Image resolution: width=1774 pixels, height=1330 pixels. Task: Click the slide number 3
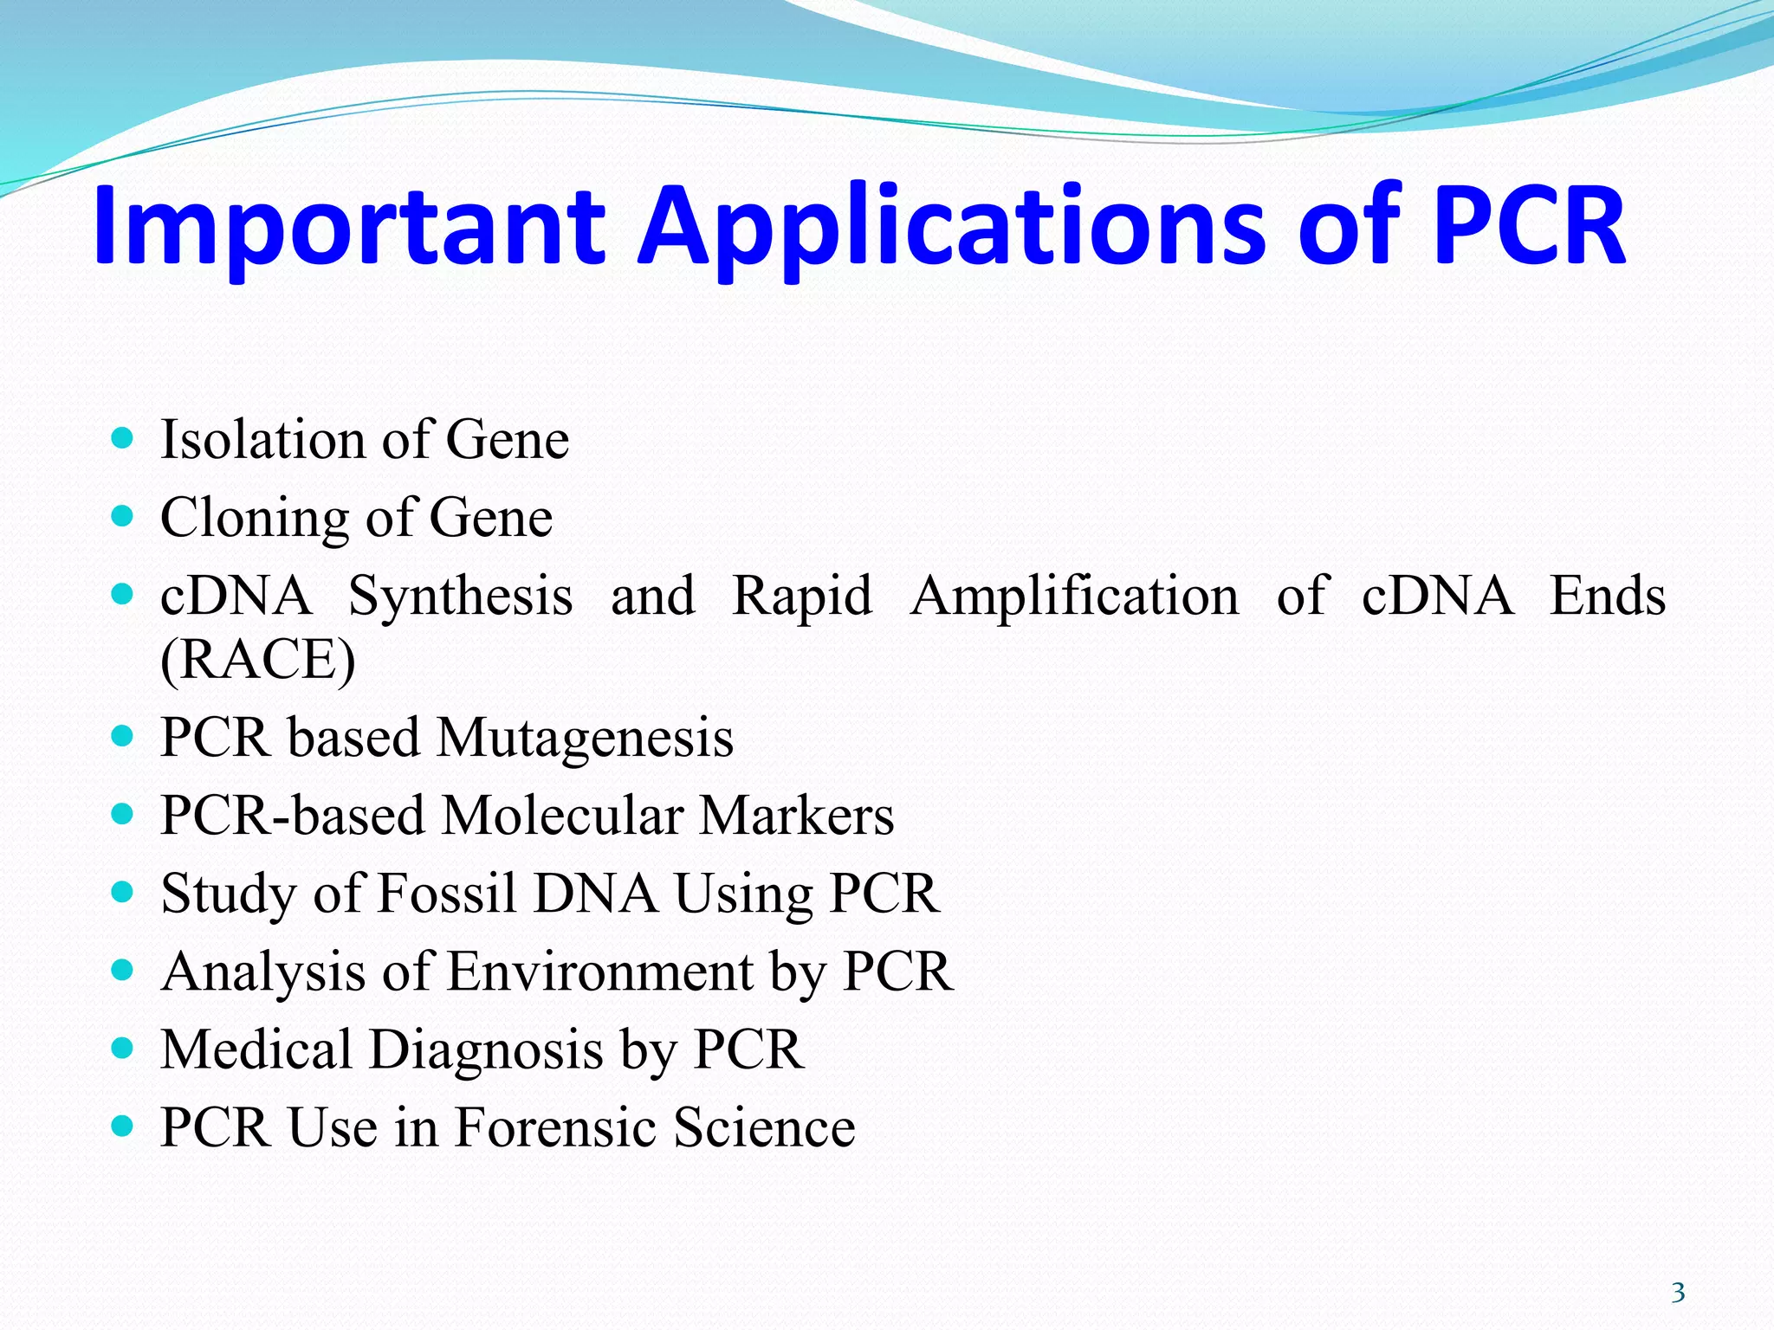pyautogui.click(x=1678, y=1293)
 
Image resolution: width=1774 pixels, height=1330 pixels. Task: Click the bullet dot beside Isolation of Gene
pyautogui.click(x=123, y=438)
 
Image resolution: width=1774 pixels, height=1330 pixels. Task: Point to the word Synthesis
pyautogui.click(x=460, y=597)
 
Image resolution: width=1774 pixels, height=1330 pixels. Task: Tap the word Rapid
pyautogui.click(x=802, y=597)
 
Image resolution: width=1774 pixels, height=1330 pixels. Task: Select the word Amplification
pyautogui.click(x=1075, y=597)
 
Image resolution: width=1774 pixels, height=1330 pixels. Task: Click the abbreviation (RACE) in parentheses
pyautogui.click(x=258, y=660)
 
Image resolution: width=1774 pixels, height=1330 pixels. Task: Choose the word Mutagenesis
pyautogui.click(x=586, y=739)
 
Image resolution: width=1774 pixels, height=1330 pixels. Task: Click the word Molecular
pyautogui.click(x=563, y=816)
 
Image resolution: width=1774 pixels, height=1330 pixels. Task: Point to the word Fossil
pyautogui.click(x=447, y=894)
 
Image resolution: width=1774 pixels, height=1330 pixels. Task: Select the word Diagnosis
pyautogui.click(x=486, y=1050)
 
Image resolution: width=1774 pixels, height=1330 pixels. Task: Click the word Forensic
pyautogui.click(x=555, y=1127)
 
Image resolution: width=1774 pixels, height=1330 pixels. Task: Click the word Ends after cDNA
pyautogui.click(x=1607, y=596)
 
